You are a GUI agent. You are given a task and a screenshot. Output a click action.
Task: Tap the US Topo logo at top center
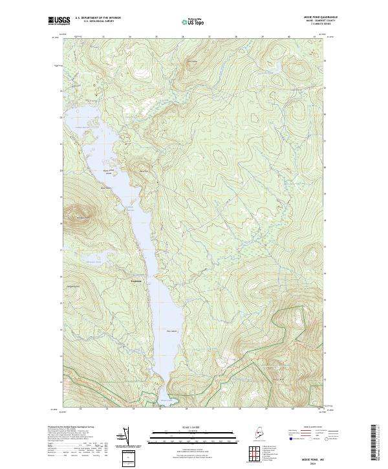point(193,21)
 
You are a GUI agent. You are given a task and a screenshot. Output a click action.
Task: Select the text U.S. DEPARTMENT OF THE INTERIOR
point(98,18)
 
